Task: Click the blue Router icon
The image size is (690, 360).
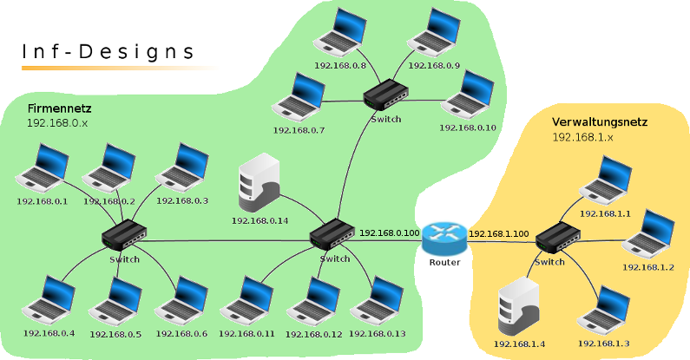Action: tap(444, 238)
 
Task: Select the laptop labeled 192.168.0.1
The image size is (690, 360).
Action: tap(43, 169)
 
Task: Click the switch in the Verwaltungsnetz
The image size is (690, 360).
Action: tap(559, 237)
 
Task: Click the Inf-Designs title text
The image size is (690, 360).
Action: tap(108, 52)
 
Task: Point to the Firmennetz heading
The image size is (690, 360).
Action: tap(59, 109)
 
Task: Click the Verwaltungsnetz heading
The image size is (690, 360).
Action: tap(600, 122)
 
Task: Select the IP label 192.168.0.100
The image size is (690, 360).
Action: tap(389, 233)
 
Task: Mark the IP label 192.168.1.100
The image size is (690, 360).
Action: tap(499, 233)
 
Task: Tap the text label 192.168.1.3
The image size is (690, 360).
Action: tap(604, 344)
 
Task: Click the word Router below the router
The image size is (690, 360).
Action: tap(444, 262)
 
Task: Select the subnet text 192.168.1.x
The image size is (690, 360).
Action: tap(582, 137)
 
